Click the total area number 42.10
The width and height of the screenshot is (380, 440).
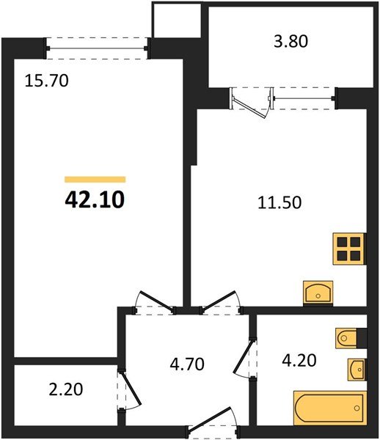(95, 199)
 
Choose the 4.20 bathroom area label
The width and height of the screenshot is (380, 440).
(301, 360)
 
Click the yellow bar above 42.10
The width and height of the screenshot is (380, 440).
(95, 179)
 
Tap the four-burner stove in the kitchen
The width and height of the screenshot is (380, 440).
(349, 249)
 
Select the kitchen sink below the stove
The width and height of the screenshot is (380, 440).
(318, 292)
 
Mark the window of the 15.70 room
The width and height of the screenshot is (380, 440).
(98, 49)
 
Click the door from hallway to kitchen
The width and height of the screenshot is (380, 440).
(219, 301)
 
